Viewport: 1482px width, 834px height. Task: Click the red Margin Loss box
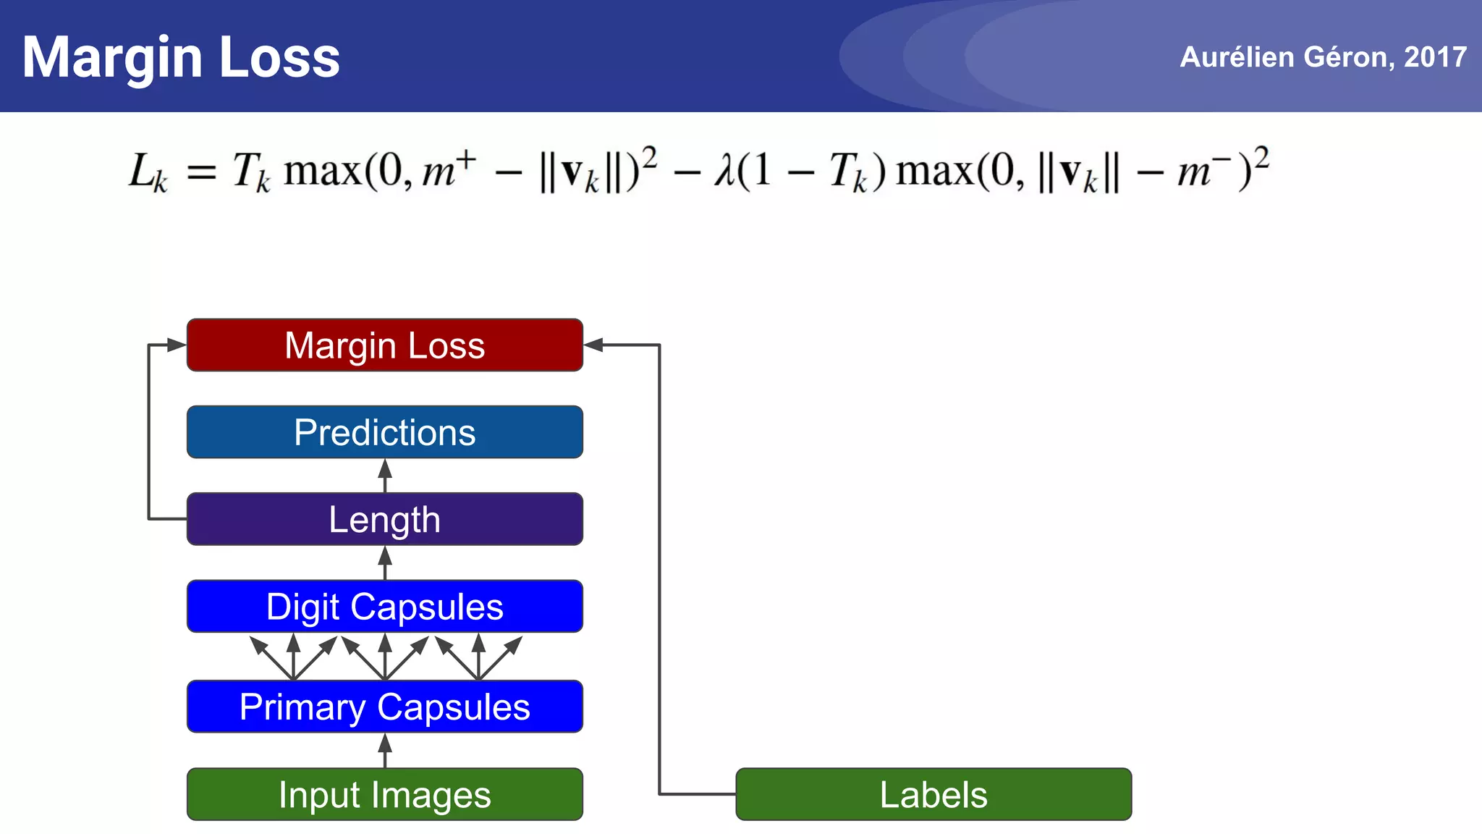tap(384, 345)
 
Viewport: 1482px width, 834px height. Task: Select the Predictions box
tap(384, 432)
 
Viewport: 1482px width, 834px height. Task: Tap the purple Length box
tap(384, 519)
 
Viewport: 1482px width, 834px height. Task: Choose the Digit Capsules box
tap(384, 607)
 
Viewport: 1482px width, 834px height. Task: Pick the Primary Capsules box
tap(384, 707)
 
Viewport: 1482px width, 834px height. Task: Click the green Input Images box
tap(384, 794)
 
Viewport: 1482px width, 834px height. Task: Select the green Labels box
tap(933, 794)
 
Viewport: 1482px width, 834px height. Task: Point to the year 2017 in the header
tap(1435, 57)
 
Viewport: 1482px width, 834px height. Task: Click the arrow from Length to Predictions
tap(385, 476)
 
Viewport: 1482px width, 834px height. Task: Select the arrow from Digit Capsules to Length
tap(385, 563)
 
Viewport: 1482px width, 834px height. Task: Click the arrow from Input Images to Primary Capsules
tap(385, 750)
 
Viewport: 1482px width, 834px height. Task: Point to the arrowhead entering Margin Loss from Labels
tap(594, 345)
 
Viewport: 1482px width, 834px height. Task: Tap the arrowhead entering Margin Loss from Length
tap(176, 345)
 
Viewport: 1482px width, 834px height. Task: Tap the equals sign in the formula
tap(201, 174)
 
